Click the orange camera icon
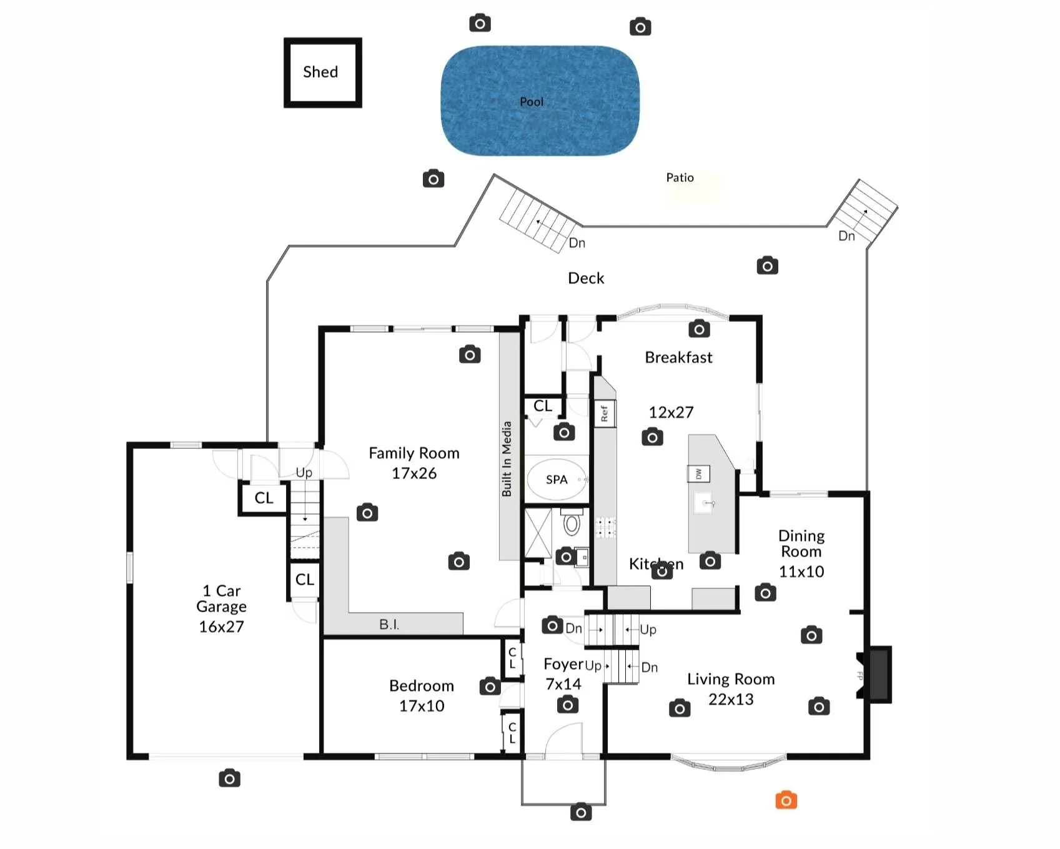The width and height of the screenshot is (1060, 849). (x=786, y=800)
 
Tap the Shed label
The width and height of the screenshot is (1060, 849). (x=320, y=72)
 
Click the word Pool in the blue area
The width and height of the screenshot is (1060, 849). (x=532, y=102)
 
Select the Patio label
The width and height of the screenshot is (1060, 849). (x=680, y=178)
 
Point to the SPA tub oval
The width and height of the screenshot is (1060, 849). (x=557, y=480)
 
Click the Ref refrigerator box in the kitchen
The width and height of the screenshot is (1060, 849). (x=604, y=413)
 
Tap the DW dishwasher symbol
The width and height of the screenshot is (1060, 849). (x=698, y=474)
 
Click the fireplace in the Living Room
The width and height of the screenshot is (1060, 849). (x=878, y=675)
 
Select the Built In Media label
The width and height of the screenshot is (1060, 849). (x=507, y=459)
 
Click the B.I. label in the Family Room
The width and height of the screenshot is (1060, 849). (x=389, y=624)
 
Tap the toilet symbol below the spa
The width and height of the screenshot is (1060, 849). (x=572, y=523)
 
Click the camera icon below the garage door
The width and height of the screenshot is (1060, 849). (x=229, y=778)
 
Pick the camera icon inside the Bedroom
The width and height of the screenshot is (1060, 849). (x=490, y=686)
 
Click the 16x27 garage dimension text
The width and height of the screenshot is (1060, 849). (x=221, y=626)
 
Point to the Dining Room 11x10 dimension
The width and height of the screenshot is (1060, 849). (x=801, y=571)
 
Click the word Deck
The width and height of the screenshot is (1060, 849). (x=586, y=278)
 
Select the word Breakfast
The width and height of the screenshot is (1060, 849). (x=678, y=358)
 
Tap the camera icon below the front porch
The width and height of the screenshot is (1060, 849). (x=581, y=812)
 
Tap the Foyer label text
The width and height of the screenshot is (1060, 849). (x=563, y=664)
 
